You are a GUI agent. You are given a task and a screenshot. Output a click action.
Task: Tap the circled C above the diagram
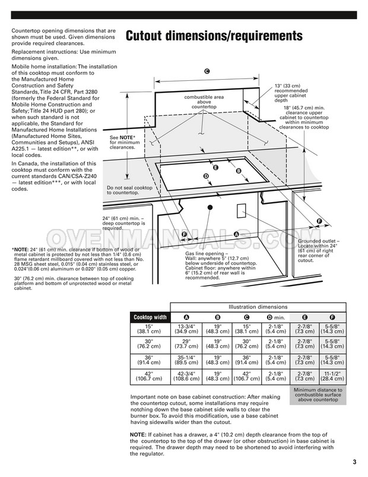click(207, 71)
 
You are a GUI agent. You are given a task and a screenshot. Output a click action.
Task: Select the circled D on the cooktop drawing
click(206, 176)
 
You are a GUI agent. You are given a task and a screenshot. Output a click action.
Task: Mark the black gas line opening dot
click(210, 208)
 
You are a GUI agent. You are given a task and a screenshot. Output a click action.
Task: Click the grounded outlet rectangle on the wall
click(242, 211)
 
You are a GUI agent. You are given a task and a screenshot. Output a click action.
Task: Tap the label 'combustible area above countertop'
click(204, 102)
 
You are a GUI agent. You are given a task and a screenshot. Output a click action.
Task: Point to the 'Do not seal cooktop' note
click(130, 190)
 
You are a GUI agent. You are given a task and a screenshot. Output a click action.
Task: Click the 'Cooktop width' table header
click(150, 317)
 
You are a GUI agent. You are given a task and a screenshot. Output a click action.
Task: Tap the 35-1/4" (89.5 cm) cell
click(186, 361)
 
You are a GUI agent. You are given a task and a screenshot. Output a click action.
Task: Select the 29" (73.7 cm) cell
click(186, 346)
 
